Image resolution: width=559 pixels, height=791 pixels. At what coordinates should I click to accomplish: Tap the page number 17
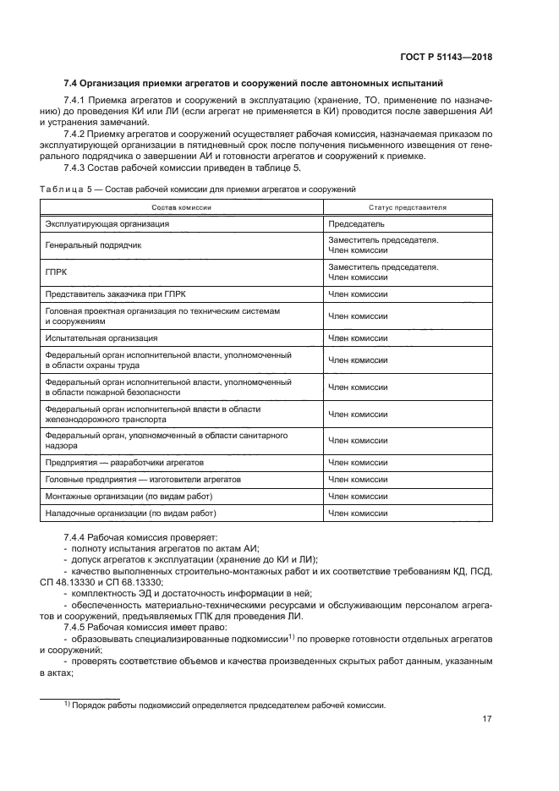[x=487, y=719]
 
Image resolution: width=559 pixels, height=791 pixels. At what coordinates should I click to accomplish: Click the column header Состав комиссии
[x=181, y=207]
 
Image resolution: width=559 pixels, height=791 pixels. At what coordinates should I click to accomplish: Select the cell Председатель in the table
[x=356, y=224]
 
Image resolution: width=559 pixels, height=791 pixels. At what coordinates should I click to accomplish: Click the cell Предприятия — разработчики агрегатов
[x=124, y=463]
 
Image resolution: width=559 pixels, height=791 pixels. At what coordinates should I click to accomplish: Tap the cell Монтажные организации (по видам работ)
[x=128, y=497]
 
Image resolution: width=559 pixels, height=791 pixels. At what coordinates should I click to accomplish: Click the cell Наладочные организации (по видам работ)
[x=131, y=514]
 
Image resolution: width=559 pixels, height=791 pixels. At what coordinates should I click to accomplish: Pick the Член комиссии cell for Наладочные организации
[x=358, y=514]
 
